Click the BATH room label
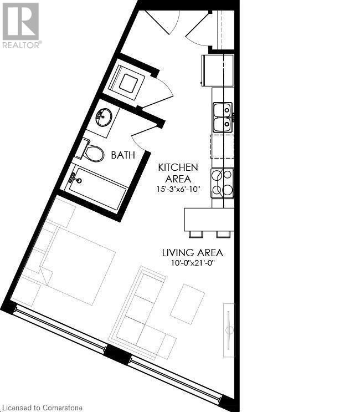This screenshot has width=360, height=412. [123, 155]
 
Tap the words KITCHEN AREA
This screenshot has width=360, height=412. [178, 173]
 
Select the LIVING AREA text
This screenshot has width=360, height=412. [192, 253]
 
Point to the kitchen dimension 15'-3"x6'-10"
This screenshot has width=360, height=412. [178, 190]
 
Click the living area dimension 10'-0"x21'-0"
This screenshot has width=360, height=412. [192, 263]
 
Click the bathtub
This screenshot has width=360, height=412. [97, 189]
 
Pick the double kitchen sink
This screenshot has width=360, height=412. [223, 117]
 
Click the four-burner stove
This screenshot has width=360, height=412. [222, 184]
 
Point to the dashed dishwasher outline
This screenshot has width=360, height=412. [222, 146]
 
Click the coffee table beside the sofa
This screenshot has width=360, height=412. [187, 304]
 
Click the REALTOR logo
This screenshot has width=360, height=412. [20, 25]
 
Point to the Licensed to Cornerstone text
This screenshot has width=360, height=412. [43, 408]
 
